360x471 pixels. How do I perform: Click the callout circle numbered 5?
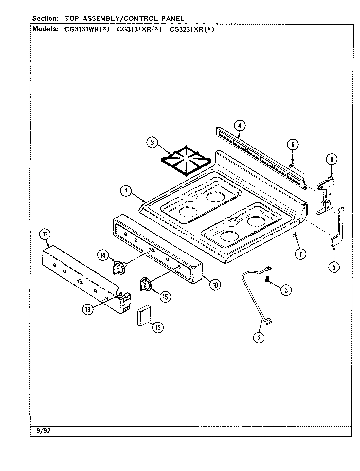(x=334, y=267)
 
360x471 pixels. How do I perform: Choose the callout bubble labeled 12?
(x=157, y=327)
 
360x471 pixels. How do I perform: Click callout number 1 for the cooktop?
(x=126, y=191)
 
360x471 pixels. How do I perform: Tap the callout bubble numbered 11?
(x=45, y=234)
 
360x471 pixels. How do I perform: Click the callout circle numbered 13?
(x=88, y=309)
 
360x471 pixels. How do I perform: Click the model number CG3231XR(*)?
(x=191, y=29)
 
